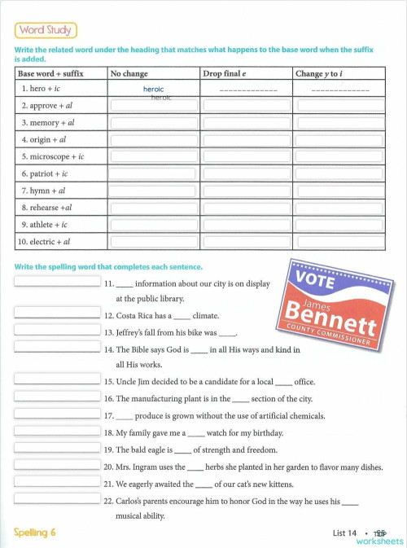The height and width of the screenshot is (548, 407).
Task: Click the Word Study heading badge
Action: point(46,31)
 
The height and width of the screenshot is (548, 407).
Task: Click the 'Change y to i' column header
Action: point(319,73)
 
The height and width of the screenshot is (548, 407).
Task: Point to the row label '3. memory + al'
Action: point(48,122)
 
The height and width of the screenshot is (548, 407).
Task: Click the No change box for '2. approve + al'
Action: point(153,105)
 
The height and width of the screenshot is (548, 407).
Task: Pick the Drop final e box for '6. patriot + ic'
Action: point(246,173)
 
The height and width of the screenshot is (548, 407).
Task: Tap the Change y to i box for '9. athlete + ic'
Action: point(339,225)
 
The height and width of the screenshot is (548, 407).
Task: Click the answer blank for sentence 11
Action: point(56,283)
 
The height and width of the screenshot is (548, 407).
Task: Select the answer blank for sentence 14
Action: point(56,348)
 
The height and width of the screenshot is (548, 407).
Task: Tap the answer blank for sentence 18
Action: point(56,432)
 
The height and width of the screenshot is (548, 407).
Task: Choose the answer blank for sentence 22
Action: point(56,499)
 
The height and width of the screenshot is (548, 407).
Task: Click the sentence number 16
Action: point(108,399)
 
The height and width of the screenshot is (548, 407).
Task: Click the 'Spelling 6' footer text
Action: point(35,533)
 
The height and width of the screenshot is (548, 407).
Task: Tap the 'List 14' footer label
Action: point(344,533)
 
